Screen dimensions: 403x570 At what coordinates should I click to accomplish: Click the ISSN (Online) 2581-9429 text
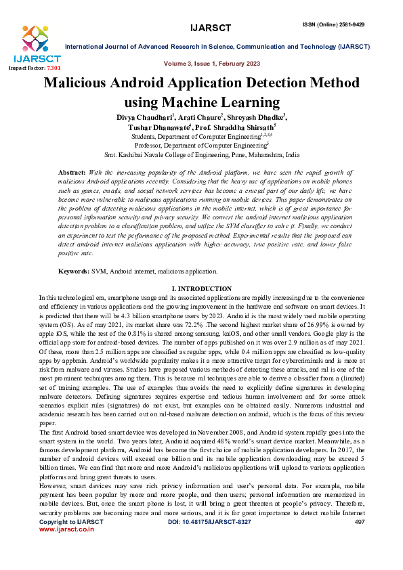coord(342,5)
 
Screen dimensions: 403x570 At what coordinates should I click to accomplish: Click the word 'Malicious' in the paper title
coord(81,85)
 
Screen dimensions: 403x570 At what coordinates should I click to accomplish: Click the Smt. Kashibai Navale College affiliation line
coord(202,154)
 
